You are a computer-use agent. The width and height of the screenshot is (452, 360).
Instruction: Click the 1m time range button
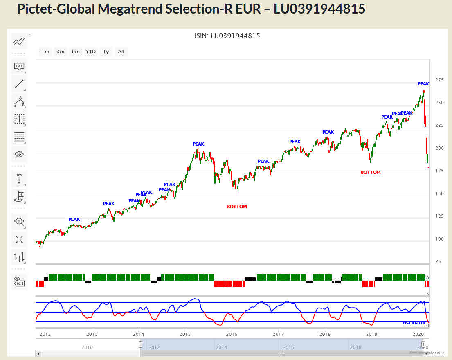45,52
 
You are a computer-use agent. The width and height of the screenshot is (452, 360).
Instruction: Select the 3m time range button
61,52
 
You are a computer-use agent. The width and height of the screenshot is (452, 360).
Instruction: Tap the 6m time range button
76,52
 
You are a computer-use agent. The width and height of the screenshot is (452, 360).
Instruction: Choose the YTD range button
91,52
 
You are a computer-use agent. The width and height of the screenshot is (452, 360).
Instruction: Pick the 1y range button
106,52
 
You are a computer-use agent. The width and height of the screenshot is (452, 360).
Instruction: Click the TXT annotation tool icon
19,66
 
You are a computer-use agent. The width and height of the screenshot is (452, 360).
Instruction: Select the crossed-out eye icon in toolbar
19,154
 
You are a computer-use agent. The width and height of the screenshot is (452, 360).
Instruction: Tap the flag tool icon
19,197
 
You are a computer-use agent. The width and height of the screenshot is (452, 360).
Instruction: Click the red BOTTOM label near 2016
237,207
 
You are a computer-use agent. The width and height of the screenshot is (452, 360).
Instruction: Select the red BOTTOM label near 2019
371,172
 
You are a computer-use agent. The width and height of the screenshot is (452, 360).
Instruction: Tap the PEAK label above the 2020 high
423,84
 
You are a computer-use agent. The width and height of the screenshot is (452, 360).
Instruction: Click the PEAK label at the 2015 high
198,144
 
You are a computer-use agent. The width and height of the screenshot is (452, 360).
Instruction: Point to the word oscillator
414,323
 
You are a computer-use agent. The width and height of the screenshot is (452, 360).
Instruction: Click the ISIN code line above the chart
227,36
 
